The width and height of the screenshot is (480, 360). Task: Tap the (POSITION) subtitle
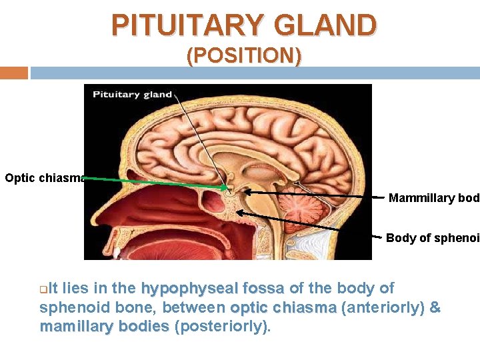pyautogui.click(x=243, y=56)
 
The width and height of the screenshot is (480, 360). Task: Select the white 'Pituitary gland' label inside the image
pyautogui.click(x=132, y=94)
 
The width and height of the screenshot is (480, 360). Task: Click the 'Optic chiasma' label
pyautogui.click(x=45, y=178)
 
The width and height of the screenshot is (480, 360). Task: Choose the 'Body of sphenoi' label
pyautogui.click(x=432, y=238)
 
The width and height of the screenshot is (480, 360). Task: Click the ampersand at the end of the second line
pyautogui.click(x=435, y=308)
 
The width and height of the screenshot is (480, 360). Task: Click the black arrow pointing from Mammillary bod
pyautogui.click(x=307, y=193)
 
